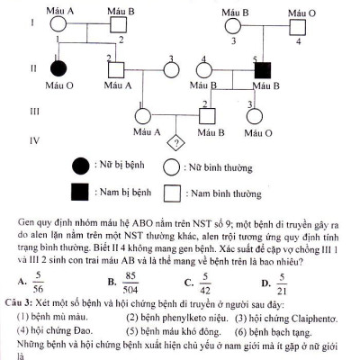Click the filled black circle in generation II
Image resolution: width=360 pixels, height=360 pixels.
point(59,67)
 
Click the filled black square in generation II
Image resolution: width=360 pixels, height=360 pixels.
point(261,67)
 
